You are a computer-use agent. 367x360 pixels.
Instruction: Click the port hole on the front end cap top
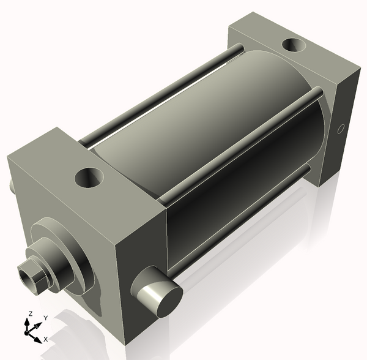[x=89, y=178]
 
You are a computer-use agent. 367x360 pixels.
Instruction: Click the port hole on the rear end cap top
[x=293, y=45]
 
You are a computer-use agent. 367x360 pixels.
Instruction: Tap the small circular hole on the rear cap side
[x=341, y=129]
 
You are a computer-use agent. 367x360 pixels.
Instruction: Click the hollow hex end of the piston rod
[x=29, y=277]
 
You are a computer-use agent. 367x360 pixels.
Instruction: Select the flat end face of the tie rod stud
[x=169, y=302]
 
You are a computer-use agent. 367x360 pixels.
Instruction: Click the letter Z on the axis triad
[x=30, y=313]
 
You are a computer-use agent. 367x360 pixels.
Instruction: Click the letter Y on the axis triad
[x=46, y=318]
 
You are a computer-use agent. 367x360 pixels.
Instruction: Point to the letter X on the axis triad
[x=46, y=339]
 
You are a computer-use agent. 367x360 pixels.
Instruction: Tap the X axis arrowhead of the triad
[x=38, y=340]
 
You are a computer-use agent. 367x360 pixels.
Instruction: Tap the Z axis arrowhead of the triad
[x=27, y=322]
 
